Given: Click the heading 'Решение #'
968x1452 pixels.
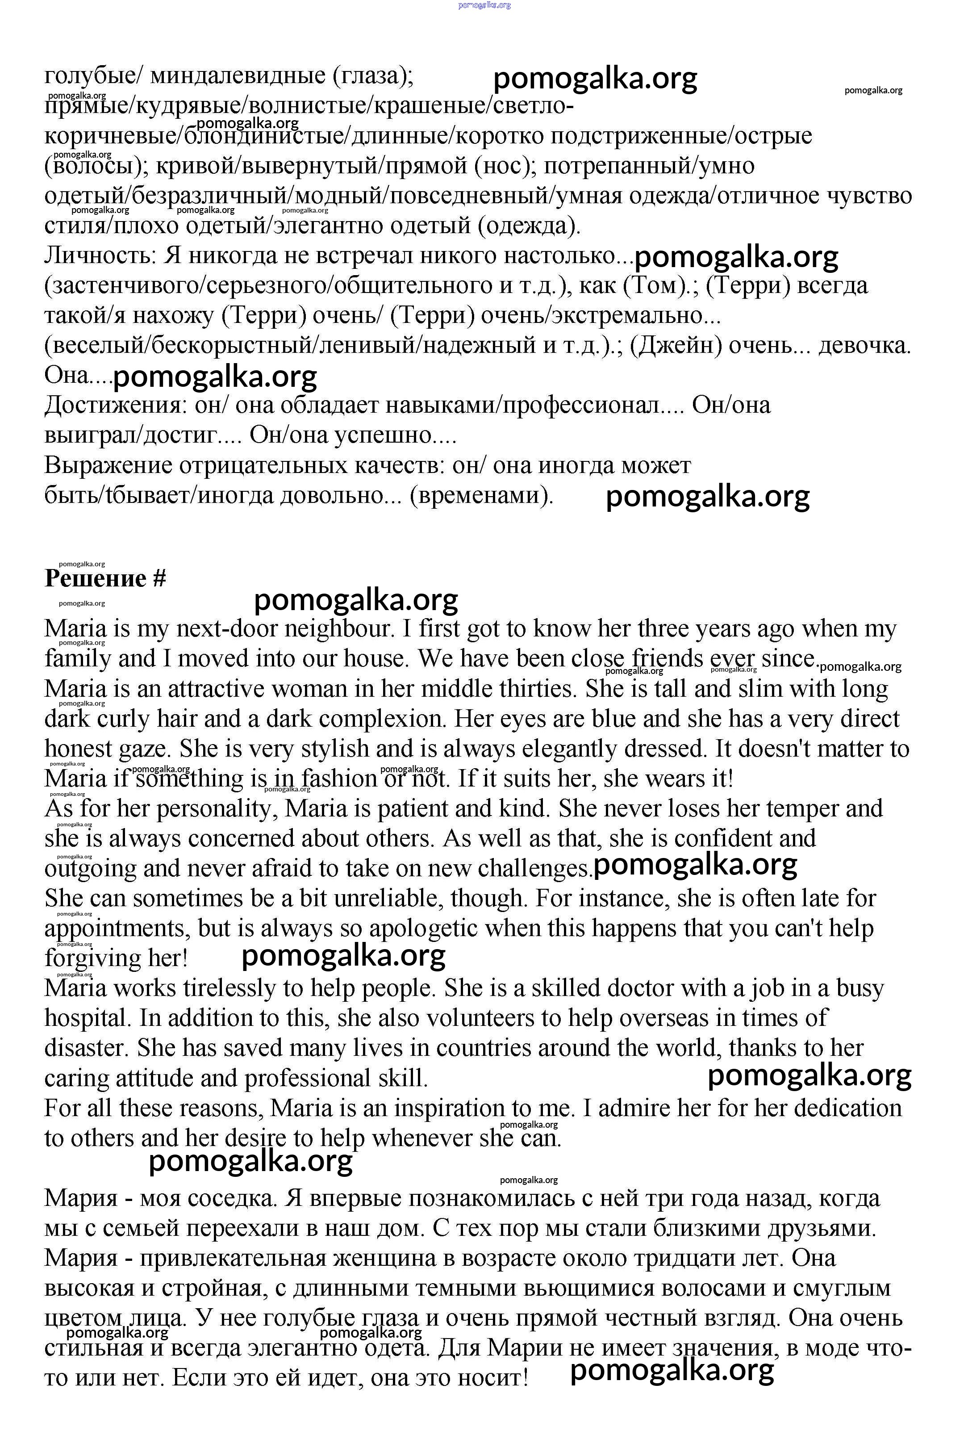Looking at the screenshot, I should click(105, 578).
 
